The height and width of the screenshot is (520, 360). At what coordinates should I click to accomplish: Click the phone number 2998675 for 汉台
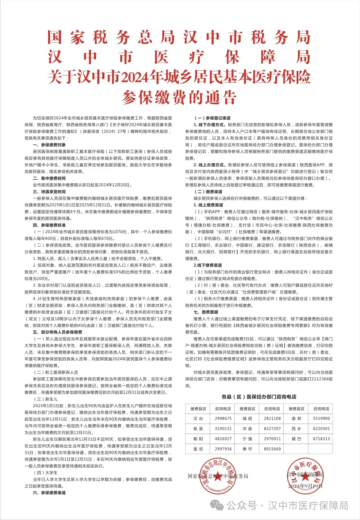click(x=223, y=418)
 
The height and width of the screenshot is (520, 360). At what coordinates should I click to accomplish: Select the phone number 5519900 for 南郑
click(x=321, y=418)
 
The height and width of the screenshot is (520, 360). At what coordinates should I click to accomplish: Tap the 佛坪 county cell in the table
click(x=247, y=449)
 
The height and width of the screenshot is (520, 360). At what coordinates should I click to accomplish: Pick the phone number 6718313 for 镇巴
click(x=321, y=439)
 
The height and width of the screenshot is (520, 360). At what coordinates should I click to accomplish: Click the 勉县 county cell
click(x=198, y=429)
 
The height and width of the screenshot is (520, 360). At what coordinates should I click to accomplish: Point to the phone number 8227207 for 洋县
click(x=272, y=429)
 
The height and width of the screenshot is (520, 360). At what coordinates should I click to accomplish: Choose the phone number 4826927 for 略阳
click(x=223, y=439)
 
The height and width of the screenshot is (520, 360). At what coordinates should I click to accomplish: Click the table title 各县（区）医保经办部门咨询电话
click(x=259, y=397)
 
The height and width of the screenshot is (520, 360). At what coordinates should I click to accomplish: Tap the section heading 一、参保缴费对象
click(x=49, y=145)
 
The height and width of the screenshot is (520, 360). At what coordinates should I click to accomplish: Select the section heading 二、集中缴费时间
click(x=49, y=178)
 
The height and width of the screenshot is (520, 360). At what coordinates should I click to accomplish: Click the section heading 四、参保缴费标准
click(x=49, y=225)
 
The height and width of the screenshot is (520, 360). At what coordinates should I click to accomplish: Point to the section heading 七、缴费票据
click(x=206, y=312)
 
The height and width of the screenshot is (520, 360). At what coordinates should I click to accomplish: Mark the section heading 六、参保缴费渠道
click(x=49, y=493)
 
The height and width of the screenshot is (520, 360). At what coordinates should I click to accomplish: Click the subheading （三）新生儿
click(x=46, y=399)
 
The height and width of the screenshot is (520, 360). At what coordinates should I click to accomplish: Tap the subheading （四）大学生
click(x=46, y=473)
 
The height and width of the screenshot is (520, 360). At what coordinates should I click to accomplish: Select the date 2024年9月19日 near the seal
click(x=305, y=486)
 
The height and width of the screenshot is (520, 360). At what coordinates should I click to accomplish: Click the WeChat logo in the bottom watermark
click(x=218, y=506)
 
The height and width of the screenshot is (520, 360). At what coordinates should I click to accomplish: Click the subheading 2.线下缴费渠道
click(x=208, y=265)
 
